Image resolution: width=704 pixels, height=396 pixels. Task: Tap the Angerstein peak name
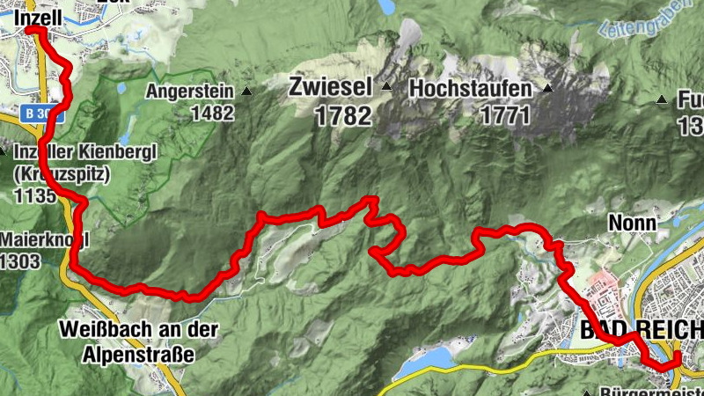pyautogui.click(x=189, y=91)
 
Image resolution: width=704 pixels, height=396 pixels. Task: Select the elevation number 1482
pyautogui.click(x=214, y=113)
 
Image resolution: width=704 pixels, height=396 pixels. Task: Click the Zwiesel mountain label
pyautogui.click(x=331, y=88)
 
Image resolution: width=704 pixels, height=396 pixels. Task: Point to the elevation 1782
pyautogui.click(x=341, y=115)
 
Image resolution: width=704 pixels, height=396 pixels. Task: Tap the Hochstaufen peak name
pyautogui.click(x=470, y=90)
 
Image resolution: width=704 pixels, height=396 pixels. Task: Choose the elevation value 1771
pyautogui.click(x=505, y=115)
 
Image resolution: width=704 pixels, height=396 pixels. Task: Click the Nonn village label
pyautogui.click(x=632, y=224)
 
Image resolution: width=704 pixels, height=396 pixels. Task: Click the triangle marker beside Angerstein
pyautogui.click(x=246, y=91)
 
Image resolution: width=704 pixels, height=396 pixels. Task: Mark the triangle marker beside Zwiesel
pyautogui.click(x=385, y=87)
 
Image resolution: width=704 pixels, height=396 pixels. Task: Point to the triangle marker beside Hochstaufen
pyautogui.click(x=546, y=88)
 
